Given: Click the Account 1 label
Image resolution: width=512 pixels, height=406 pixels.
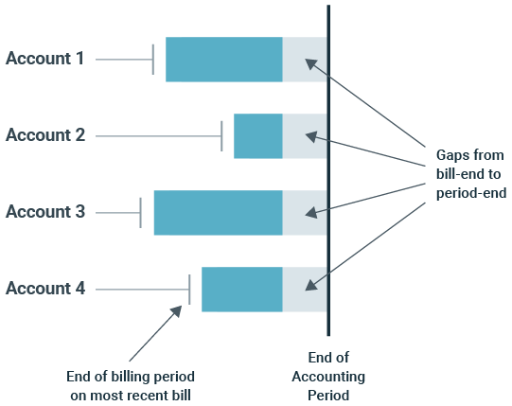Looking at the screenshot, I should point(45,59).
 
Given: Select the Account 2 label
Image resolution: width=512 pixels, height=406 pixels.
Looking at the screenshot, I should point(45,135).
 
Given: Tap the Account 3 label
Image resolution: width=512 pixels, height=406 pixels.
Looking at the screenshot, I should point(45,212).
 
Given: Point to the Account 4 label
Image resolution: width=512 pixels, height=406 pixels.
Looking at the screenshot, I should point(45,289).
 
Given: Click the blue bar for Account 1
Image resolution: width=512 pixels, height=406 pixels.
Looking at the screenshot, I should point(223,60).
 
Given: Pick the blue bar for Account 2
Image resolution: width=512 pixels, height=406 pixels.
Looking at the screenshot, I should point(257,135).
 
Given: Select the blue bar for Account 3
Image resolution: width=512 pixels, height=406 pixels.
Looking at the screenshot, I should point(218,212).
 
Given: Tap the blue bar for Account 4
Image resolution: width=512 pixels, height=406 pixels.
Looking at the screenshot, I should point(241,289).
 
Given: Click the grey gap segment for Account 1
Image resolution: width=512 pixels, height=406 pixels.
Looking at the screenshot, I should point(305,60).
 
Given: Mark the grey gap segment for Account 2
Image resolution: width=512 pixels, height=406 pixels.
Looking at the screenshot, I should point(305,135).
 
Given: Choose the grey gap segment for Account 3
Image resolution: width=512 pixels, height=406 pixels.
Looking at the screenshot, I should point(305,212).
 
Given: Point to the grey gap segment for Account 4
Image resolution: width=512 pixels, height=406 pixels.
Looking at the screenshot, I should point(305,289).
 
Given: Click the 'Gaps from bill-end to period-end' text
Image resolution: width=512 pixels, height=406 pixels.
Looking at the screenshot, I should point(469,173).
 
